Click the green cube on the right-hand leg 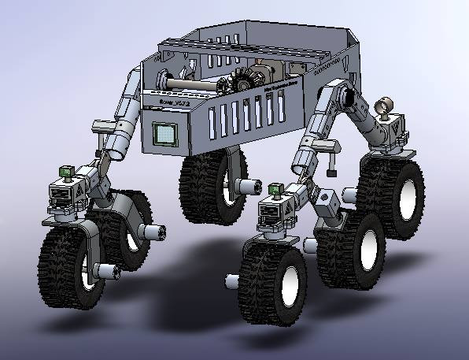click(x=275, y=189)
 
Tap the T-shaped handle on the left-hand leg click(x=103, y=128)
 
